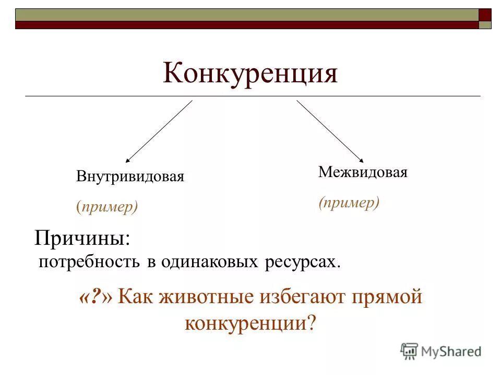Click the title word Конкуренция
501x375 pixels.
tap(250, 73)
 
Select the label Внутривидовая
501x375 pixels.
tap(130, 176)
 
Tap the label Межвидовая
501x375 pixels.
tap(363, 172)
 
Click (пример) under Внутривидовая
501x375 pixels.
tap(107, 207)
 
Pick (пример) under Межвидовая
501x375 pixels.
tap(349, 203)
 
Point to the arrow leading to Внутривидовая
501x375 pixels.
tap(159, 131)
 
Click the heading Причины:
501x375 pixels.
tap(82, 239)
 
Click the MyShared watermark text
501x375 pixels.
tap(451, 352)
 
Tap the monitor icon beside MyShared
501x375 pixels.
tap(409, 352)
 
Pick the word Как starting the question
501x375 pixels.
tap(136, 297)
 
